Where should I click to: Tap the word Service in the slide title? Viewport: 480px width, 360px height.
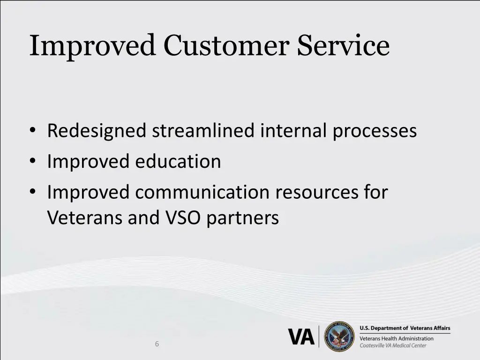(343, 46)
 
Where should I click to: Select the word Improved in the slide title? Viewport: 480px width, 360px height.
(93, 46)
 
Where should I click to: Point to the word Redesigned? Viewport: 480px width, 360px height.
(97, 131)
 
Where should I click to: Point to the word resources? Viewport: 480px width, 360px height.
(319, 193)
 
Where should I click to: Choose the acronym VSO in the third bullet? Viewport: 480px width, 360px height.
(180, 217)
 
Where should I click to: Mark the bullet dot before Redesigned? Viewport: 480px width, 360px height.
(33, 131)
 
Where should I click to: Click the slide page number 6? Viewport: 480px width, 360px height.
(157, 344)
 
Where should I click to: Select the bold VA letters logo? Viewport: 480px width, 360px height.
(301, 337)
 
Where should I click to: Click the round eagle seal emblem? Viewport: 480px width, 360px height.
(339, 337)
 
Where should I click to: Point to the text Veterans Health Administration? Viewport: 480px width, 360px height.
(396, 338)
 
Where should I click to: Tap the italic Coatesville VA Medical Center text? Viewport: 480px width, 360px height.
(393, 346)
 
